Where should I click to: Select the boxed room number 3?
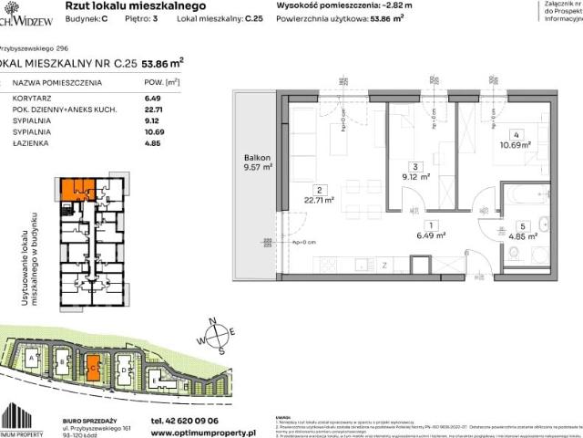coord(415,167)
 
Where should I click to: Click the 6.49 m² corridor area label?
coord(428,235)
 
